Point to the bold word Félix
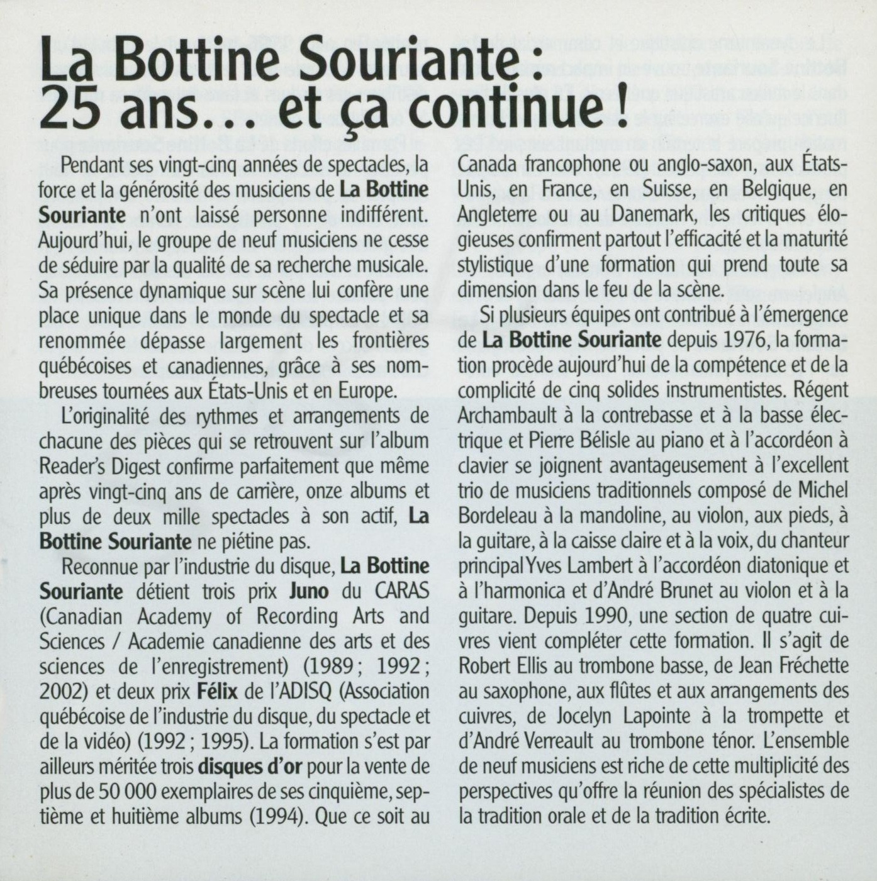point(217,692)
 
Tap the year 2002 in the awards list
point(59,692)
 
